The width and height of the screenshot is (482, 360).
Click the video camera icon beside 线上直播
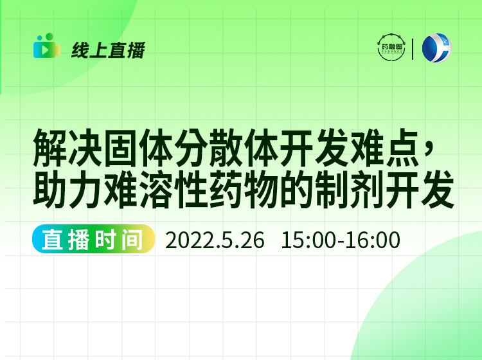coord(46,46)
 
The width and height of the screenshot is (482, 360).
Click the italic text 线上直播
coord(108,50)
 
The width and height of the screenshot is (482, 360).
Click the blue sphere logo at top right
coord(436,48)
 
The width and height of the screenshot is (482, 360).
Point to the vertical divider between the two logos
coord(413,49)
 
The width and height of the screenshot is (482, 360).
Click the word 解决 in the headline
coord(71,148)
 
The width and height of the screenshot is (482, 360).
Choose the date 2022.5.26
coord(215,240)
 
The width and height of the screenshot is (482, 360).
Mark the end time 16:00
coord(374,240)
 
